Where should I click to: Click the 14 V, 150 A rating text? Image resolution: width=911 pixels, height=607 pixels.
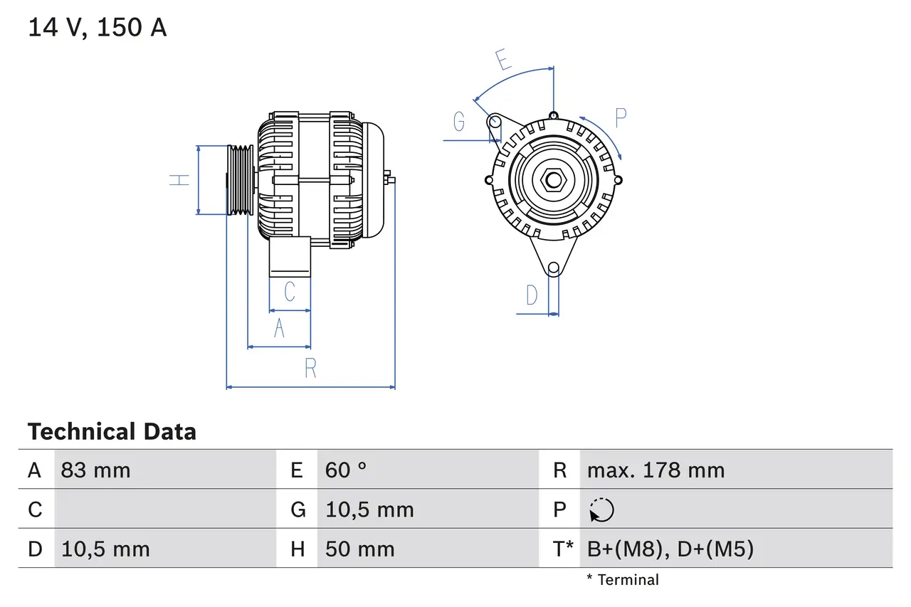pos(98,28)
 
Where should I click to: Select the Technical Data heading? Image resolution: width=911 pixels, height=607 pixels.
pos(112,432)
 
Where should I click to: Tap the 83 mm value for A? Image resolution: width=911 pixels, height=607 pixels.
pos(96,470)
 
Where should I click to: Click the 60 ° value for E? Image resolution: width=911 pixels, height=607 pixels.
pos(346,470)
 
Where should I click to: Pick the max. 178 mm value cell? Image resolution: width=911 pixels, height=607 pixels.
pos(655,470)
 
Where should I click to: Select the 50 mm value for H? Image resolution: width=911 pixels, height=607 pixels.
pos(359,549)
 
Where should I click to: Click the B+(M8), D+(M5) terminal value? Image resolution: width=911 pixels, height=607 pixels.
pos(670,549)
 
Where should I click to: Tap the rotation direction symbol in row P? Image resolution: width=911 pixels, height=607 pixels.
pos(601,510)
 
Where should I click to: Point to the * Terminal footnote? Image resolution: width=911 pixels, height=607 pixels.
pos(623,580)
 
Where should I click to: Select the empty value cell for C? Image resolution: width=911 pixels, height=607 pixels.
pos(164,510)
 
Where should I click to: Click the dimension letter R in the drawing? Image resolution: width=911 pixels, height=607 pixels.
pos(310,369)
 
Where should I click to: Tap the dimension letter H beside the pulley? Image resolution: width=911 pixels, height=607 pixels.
pos(180,180)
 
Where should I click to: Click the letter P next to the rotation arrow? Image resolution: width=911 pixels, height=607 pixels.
pos(621,118)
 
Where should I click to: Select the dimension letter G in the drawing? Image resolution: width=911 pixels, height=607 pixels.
pos(459,122)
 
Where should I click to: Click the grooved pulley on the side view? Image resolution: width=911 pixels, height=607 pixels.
pos(240,180)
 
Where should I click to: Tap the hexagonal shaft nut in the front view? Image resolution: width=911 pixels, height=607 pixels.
pos(554,179)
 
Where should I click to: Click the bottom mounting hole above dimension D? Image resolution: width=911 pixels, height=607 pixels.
pos(554,268)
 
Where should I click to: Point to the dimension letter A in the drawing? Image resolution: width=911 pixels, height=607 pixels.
pos(279,329)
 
